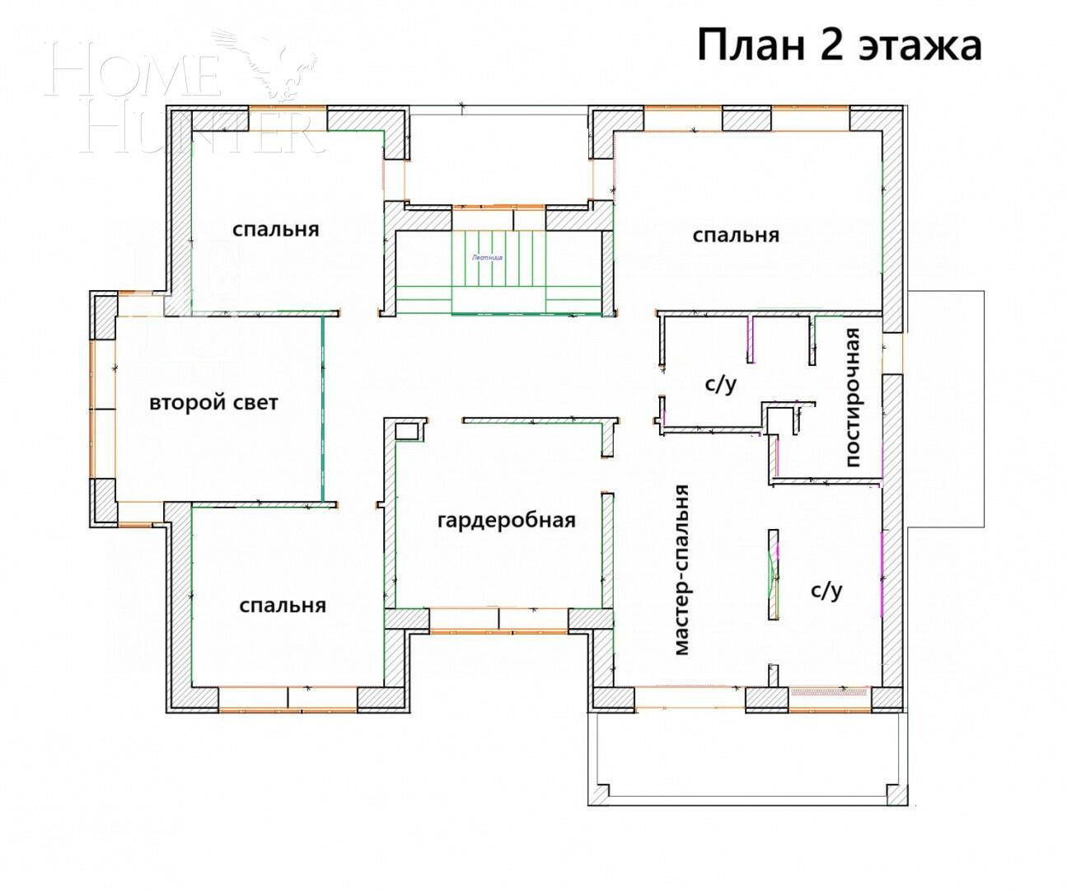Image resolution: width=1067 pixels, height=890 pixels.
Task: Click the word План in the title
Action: click(x=750, y=45)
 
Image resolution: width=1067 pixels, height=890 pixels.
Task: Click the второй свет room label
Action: click(x=213, y=403)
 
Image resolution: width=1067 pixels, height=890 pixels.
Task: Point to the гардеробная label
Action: click(x=506, y=521)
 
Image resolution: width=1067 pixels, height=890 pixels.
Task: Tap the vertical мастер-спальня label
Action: click(x=681, y=569)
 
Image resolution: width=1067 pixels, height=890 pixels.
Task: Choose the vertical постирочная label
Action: click(x=853, y=397)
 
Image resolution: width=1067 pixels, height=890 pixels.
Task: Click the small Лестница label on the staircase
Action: click(x=488, y=257)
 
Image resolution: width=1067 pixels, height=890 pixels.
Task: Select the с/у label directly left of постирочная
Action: click(x=720, y=384)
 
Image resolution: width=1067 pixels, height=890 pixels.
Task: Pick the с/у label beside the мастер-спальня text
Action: click(x=826, y=590)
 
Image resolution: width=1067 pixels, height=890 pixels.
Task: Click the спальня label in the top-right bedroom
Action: click(x=735, y=236)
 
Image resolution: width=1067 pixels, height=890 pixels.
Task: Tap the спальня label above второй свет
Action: click(x=275, y=229)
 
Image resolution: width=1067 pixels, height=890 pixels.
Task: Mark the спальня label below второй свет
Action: click(x=283, y=606)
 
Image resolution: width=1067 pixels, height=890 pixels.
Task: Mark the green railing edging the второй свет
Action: click(x=323, y=410)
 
